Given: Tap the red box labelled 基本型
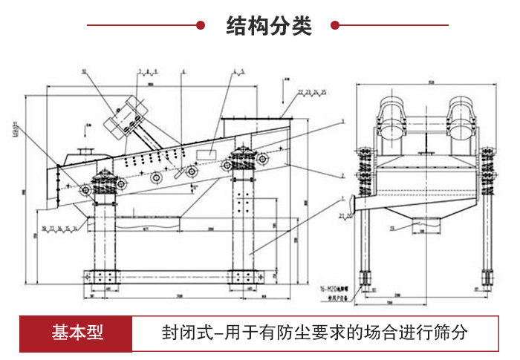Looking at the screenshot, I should coord(77,332).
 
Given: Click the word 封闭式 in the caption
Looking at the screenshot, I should coord(183,332).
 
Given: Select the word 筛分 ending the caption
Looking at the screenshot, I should coord(454,332).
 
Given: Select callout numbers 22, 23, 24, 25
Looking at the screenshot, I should coord(312,91).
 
